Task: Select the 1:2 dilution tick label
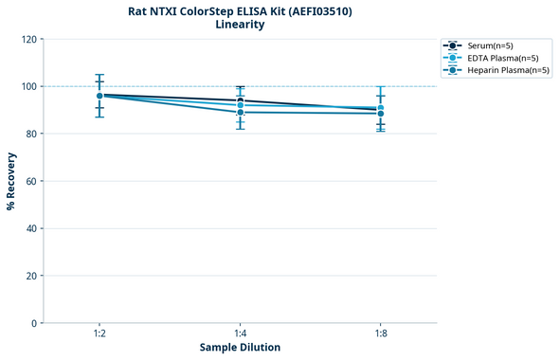pos(99,333)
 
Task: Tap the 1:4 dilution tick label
pos(240,333)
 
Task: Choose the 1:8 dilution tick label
pos(381,333)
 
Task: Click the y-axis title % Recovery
pos(11,181)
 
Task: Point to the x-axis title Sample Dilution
pos(240,348)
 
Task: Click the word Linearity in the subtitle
pos(240,25)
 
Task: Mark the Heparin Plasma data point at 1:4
pos(240,113)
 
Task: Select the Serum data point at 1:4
pos(240,100)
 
